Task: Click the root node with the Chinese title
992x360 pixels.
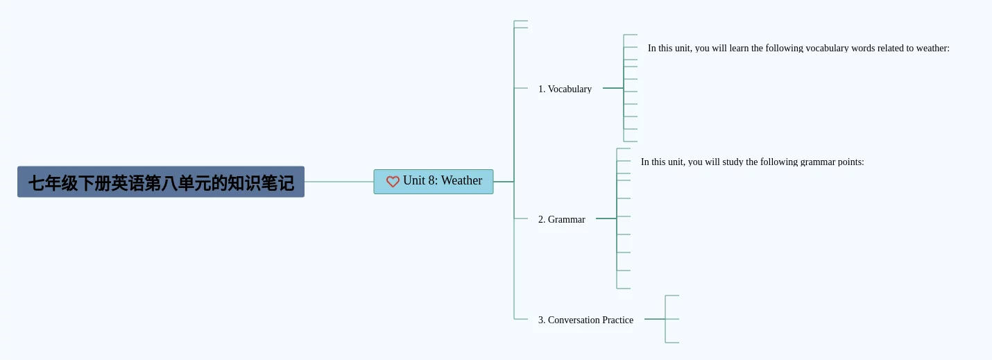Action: (x=160, y=182)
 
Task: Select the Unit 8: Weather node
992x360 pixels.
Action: (x=434, y=182)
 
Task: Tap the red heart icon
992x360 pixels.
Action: (x=393, y=182)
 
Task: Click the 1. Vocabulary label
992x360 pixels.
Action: (x=565, y=89)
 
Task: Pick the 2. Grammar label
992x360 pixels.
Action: (x=561, y=219)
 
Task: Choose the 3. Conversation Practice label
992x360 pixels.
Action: (x=585, y=320)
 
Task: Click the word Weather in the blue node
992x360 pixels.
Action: (x=461, y=180)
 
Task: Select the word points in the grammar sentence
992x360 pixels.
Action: (x=850, y=162)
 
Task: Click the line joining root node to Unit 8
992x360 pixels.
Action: (x=339, y=182)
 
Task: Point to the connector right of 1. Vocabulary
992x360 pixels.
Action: (x=613, y=88)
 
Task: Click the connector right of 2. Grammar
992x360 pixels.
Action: (x=606, y=218)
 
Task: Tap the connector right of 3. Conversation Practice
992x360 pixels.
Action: (x=654, y=319)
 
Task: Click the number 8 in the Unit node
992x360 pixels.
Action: (x=431, y=180)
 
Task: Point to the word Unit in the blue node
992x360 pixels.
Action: (x=414, y=180)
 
